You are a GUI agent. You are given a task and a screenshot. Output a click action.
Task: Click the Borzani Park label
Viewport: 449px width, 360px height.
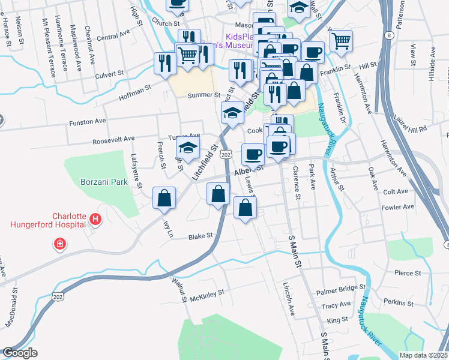104,181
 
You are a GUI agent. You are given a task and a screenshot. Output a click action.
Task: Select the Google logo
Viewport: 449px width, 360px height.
20,353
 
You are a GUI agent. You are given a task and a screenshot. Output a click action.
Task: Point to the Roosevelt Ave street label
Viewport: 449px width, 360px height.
113,139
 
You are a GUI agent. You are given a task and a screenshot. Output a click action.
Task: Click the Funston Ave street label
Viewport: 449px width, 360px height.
88,121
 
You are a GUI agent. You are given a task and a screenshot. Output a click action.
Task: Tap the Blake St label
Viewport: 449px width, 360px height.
201,236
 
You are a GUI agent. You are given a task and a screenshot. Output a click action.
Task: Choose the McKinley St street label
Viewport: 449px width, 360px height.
206,293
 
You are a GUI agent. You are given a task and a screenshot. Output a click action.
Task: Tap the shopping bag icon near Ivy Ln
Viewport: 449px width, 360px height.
164,198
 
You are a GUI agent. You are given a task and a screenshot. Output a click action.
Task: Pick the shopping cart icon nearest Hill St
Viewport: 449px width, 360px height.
340,41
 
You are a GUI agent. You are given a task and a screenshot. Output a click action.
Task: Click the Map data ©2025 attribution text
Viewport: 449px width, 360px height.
423,355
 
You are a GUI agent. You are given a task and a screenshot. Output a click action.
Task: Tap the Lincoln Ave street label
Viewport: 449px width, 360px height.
289,292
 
